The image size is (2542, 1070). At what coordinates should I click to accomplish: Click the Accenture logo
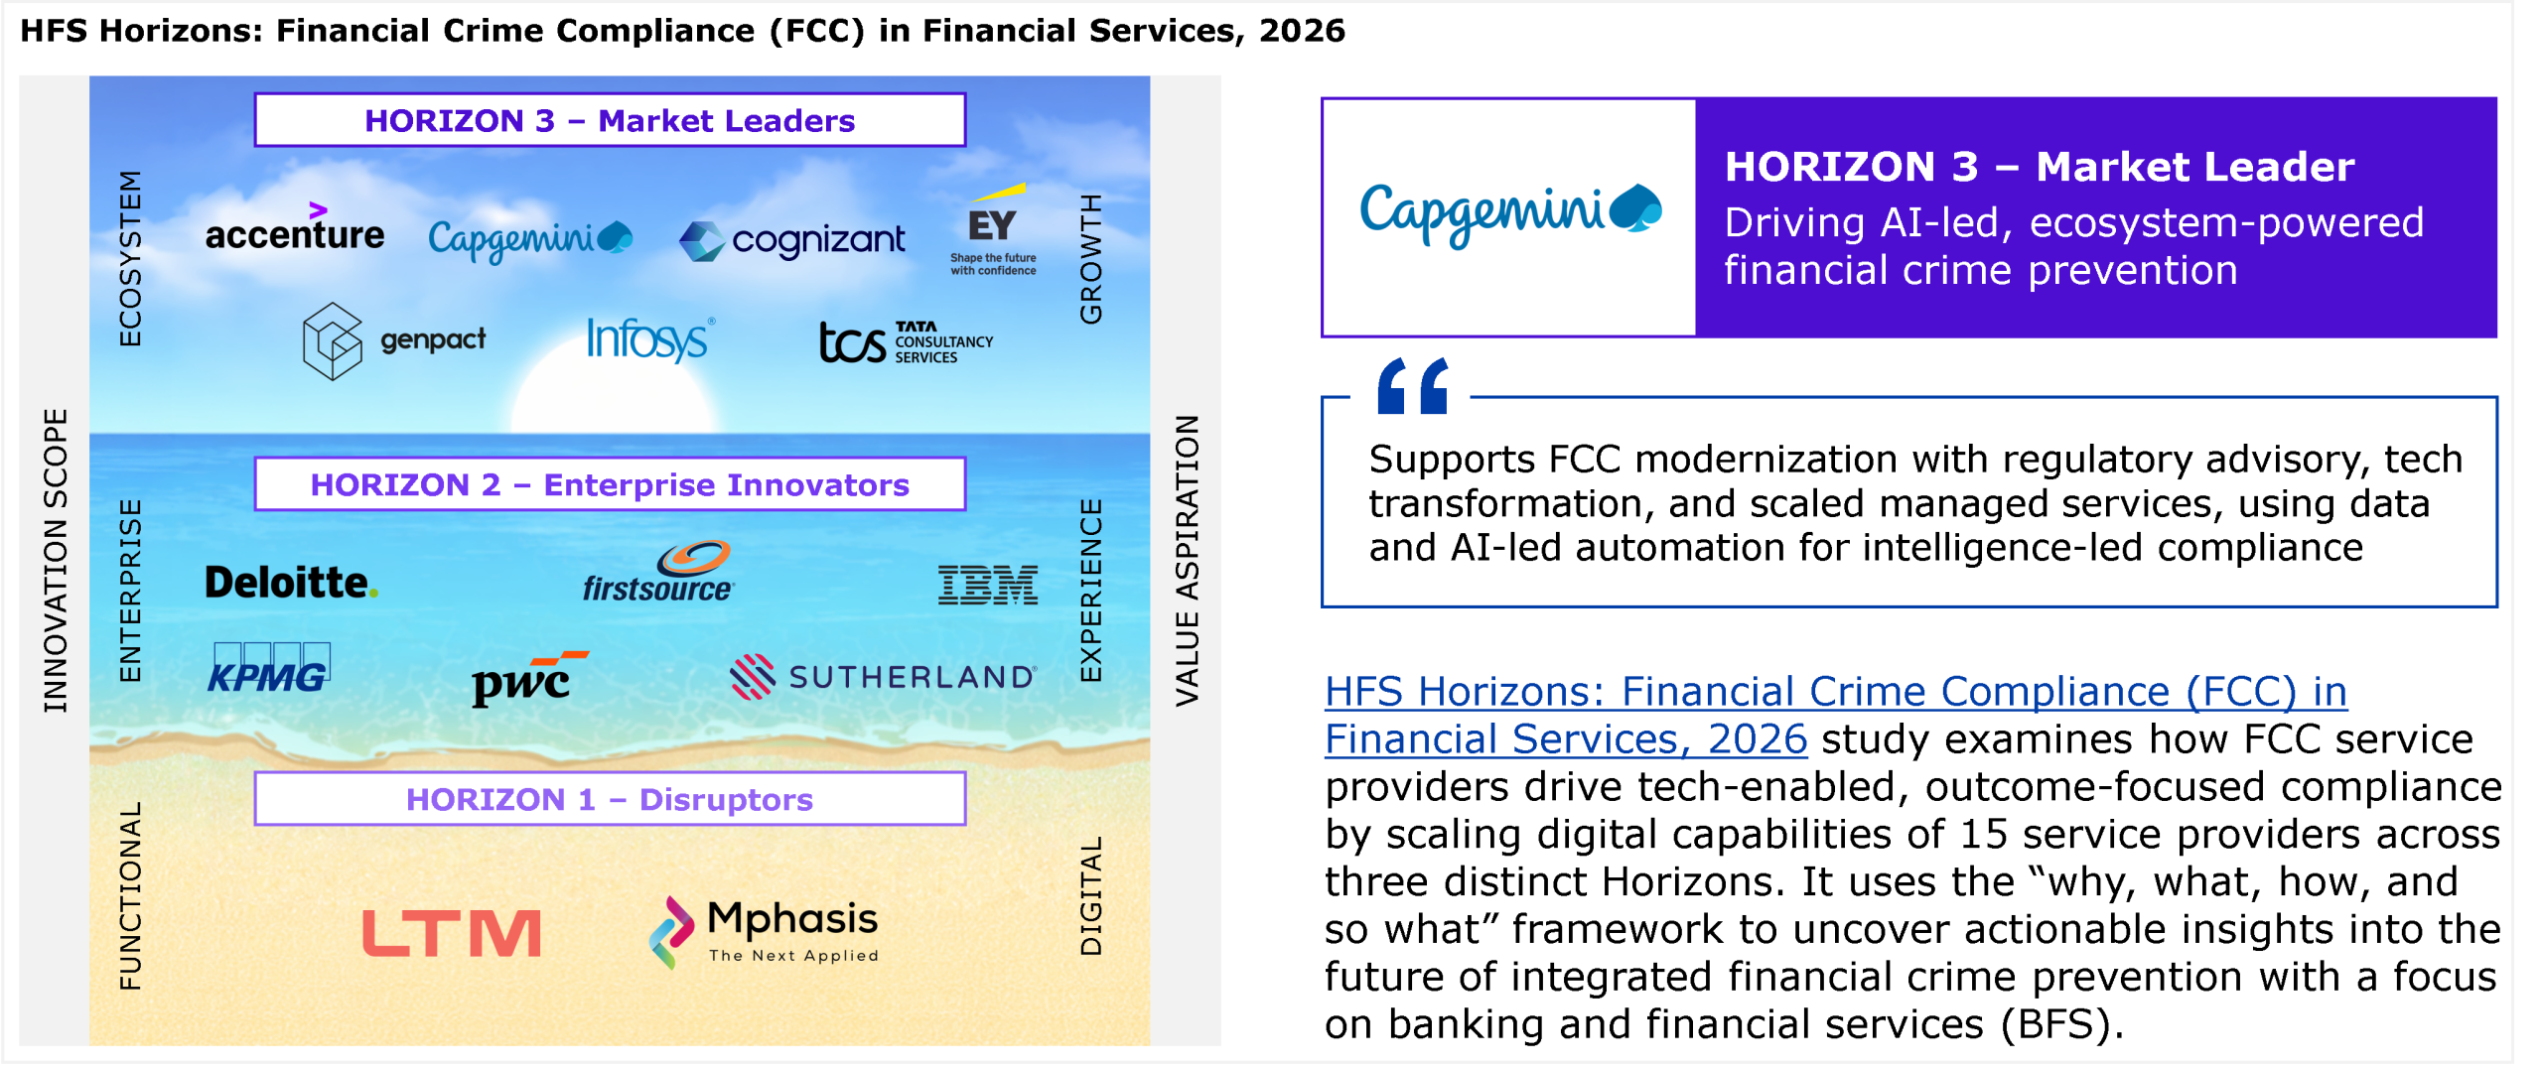294,227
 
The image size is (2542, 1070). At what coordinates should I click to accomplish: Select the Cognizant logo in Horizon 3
791,240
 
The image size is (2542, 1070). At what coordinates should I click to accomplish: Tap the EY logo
993,230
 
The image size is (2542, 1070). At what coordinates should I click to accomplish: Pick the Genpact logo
394,341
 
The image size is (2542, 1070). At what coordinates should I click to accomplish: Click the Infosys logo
649,339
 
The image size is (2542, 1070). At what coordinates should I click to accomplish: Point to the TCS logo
906,342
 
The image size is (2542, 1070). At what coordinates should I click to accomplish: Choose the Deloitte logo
291,583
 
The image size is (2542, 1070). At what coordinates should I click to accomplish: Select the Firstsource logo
658,572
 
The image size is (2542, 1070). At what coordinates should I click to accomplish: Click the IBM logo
988,585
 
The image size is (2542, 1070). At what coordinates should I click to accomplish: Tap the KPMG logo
269,669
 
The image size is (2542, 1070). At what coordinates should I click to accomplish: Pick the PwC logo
529,679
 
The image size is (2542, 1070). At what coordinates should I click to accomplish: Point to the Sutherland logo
884,676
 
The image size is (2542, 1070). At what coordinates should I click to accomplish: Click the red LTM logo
452,933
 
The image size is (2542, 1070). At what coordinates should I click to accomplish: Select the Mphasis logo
764,932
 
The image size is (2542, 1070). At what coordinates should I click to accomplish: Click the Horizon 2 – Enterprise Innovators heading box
610,484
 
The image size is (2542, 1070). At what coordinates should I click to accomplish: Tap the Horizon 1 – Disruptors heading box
610,799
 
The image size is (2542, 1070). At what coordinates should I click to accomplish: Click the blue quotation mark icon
1412,385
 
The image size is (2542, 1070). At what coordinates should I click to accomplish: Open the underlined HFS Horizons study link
1835,715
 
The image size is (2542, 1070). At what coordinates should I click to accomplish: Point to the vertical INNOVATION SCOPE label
56,561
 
